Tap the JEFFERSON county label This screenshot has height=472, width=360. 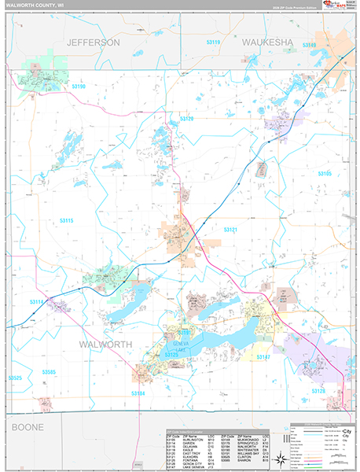click(x=93, y=41)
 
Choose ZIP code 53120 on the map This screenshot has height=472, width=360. click(x=186, y=119)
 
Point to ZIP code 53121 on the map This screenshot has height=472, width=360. click(x=229, y=229)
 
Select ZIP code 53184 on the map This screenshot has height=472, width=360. click(x=138, y=393)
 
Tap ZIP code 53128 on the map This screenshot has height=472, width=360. click(x=318, y=391)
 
